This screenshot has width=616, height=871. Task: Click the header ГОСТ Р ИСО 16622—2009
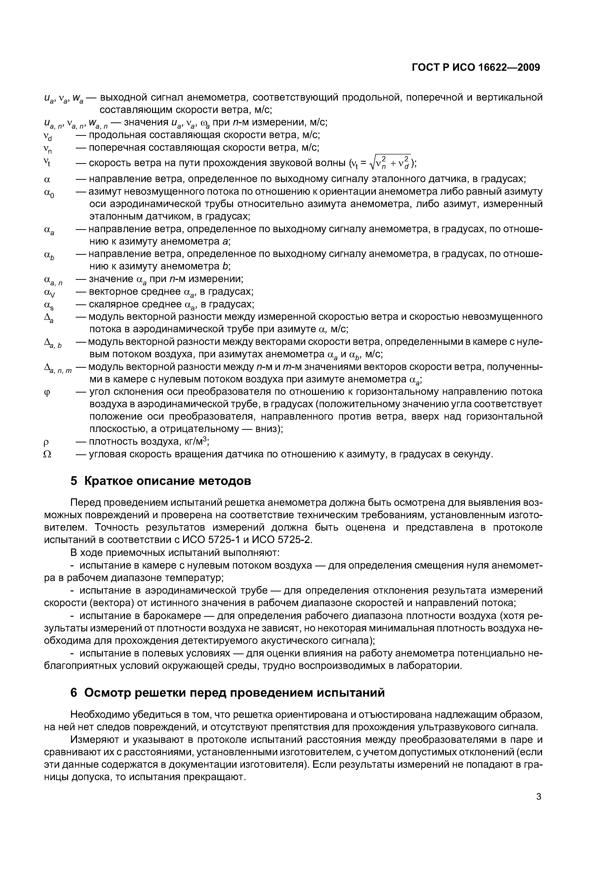[476, 68]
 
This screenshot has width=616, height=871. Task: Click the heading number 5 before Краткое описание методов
[74, 481]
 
